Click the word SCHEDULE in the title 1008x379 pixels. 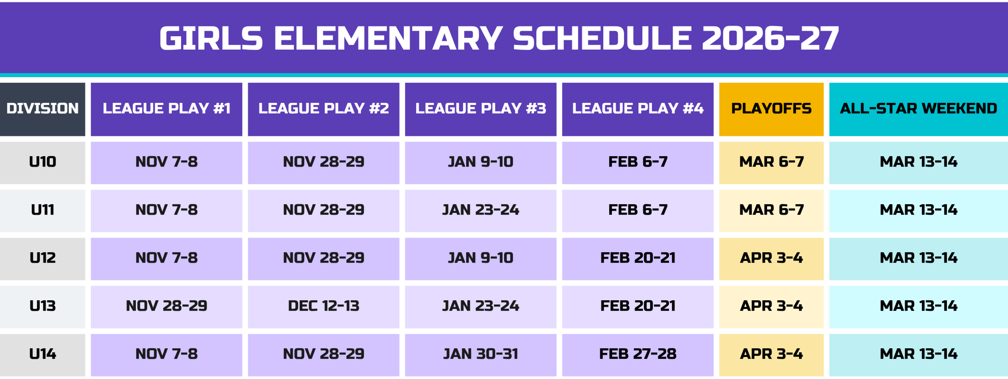click(x=602, y=38)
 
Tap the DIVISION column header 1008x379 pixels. click(x=43, y=109)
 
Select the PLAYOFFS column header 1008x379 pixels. click(x=771, y=109)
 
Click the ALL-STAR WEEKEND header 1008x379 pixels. click(x=919, y=109)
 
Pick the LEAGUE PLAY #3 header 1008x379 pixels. click(x=480, y=109)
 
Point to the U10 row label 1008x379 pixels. click(x=43, y=162)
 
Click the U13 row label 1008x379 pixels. click(x=43, y=306)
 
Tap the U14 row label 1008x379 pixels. click(x=43, y=354)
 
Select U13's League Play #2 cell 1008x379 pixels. click(x=324, y=306)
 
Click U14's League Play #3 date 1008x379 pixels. click(x=480, y=354)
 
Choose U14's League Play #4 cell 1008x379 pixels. click(x=638, y=354)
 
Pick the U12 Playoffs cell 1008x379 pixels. click(x=771, y=258)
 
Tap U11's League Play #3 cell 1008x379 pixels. click(x=480, y=210)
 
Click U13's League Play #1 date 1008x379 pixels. click(x=167, y=306)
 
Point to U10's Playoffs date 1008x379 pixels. click(x=771, y=162)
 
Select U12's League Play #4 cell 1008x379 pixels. click(x=638, y=258)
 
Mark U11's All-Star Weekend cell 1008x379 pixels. click(x=919, y=210)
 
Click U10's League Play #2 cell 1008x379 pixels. click(x=324, y=162)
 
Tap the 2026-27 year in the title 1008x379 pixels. click(x=770, y=38)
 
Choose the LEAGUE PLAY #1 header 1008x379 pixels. click(x=167, y=109)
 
